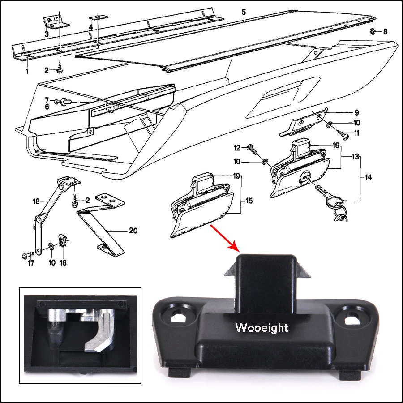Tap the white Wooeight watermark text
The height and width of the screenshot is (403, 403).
click(x=262, y=328)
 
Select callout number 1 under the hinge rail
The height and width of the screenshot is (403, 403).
click(x=27, y=71)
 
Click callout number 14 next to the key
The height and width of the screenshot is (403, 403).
click(x=368, y=178)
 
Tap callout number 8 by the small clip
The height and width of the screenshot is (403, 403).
click(x=385, y=32)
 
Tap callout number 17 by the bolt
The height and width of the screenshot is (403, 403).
click(x=30, y=263)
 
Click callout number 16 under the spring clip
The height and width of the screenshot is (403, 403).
click(x=63, y=263)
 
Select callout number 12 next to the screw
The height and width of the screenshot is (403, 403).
click(x=237, y=147)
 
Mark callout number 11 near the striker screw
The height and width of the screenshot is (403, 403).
click(x=356, y=133)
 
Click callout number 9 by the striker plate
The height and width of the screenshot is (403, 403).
click(x=356, y=112)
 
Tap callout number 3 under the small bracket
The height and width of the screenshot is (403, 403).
click(x=46, y=34)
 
